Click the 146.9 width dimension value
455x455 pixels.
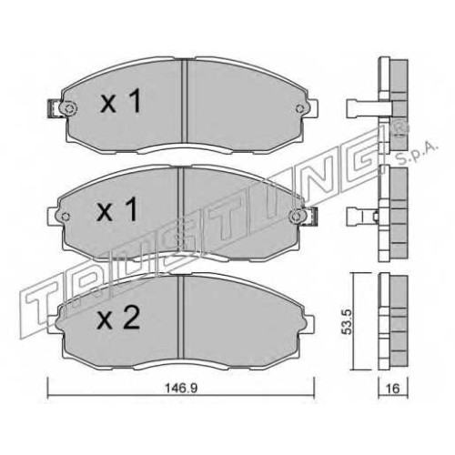click(x=181, y=388)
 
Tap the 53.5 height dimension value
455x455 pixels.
click(x=346, y=322)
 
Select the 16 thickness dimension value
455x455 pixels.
click(x=393, y=389)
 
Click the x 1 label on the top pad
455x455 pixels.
click(x=121, y=101)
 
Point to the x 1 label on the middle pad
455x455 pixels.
click(x=116, y=208)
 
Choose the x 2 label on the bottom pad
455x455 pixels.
click(x=118, y=317)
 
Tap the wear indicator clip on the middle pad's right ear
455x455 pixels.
click(x=312, y=217)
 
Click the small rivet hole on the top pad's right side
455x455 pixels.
click(x=299, y=108)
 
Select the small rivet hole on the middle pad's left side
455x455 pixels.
click(x=66, y=217)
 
